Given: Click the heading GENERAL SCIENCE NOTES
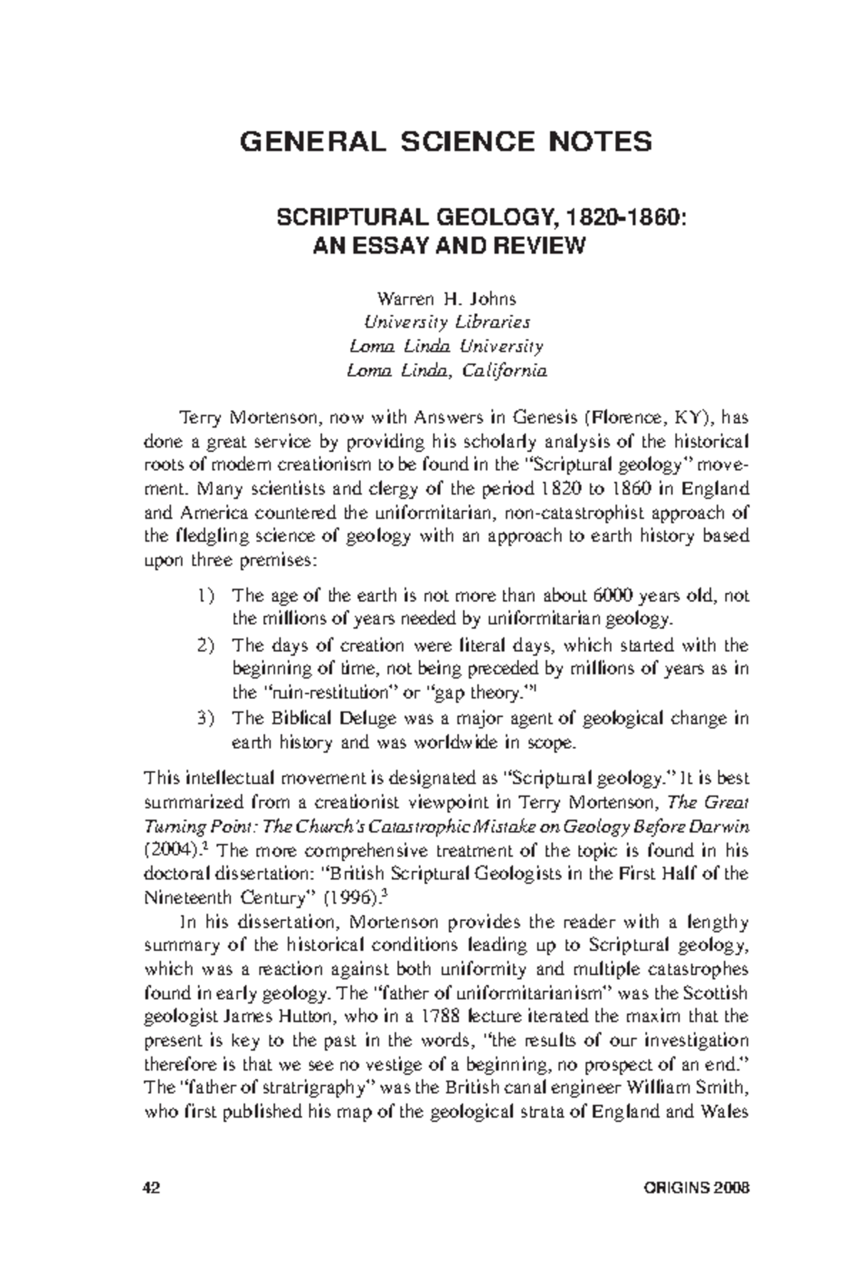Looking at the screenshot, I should [x=446, y=142].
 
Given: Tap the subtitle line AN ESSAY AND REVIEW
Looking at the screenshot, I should [x=449, y=246].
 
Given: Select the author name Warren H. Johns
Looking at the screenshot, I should [x=446, y=298].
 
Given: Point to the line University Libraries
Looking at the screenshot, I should [x=446, y=321].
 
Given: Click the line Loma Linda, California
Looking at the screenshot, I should [x=446, y=371].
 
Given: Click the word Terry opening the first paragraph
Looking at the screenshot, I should [x=196, y=416].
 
